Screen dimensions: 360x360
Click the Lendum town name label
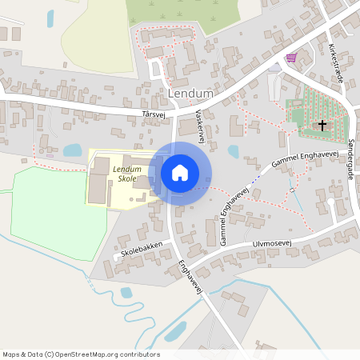[191, 94]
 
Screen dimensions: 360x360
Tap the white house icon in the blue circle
[180, 173]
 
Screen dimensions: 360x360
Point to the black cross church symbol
[323, 125]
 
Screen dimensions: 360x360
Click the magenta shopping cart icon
[290, 58]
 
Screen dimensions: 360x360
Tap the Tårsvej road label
[152, 115]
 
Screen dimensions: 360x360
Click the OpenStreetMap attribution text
[81, 354]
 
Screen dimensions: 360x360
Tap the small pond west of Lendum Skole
[72, 150]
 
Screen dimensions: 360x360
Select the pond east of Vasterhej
[234, 151]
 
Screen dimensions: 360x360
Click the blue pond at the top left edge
[50, 18]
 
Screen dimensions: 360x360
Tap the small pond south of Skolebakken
[126, 292]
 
